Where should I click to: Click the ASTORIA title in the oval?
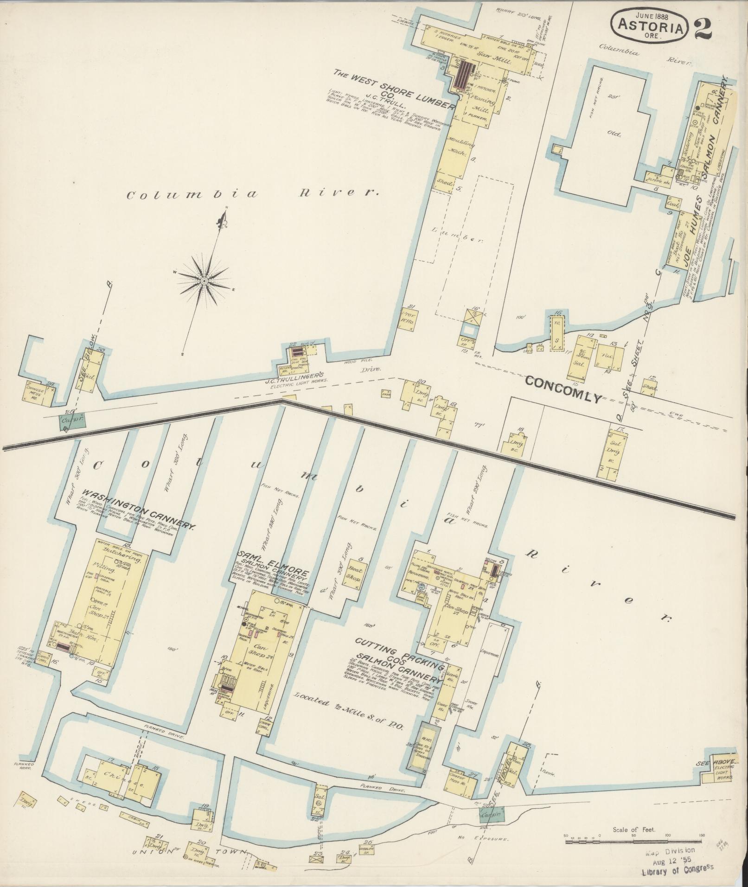pyautogui.click(x=652, y=28)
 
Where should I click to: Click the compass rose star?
pyautogui.click(x=204, y=281)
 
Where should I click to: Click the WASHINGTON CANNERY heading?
pyautogui.click(x=139, y=508)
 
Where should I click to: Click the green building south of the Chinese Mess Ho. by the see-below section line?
pyautogui.click(x=73, y=421)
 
